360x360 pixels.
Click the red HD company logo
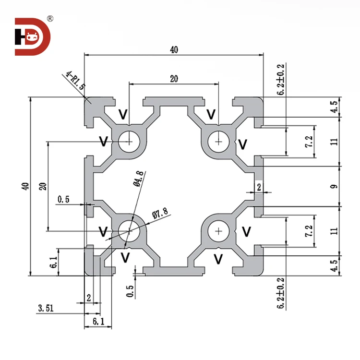[32, 37]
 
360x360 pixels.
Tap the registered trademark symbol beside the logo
[49, 19]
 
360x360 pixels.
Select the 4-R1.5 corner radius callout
[75, 81]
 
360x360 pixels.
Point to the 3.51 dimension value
[46, 308]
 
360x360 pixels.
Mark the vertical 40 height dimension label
[25, 186]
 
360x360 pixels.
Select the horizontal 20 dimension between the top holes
[174, 79]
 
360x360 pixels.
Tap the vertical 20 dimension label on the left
[42, 186]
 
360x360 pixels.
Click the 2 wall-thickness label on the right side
[259, 187]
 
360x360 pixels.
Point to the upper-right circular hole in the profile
[219, 141]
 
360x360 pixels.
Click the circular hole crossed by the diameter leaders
[129, 231]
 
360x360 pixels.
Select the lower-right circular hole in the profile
[219, 231]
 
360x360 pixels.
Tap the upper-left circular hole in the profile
[129, 141]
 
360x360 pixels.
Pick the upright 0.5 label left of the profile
[64, 199]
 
